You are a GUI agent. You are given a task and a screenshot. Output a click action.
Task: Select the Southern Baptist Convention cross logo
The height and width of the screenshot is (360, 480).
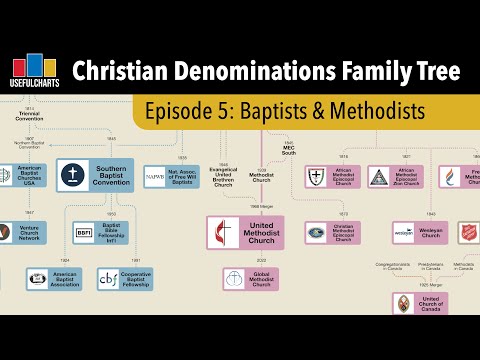pyautogui.click(x=75, y=173)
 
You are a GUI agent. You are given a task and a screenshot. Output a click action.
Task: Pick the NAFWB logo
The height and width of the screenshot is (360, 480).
pyautogui.click(x=155, y=176)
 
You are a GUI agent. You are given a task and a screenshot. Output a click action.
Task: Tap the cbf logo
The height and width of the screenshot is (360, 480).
pyautogui.click(x=108, y=278)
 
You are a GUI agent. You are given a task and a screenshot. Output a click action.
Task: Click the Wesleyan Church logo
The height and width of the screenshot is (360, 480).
pyautogui.click(x=403, y=231)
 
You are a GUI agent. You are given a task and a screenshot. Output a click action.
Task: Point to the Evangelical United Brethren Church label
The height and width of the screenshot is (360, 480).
pyautogui.click(x=224, y=173)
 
